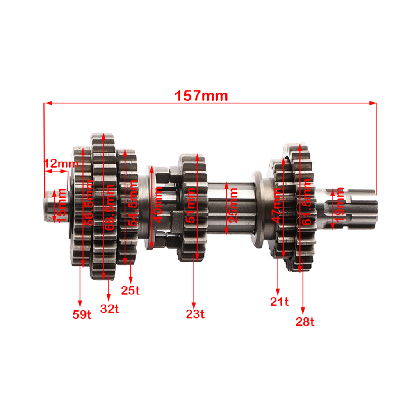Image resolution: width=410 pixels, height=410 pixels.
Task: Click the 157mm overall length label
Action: (x=201, y=96)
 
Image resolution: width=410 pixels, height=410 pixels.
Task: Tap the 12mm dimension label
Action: (x=61, y=164)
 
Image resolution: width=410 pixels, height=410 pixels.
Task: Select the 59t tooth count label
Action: (x=82, y=314)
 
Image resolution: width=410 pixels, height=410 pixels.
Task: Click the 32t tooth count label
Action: (x=109, y=309)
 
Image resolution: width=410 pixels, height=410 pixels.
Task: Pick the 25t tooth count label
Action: (x=130, y=290)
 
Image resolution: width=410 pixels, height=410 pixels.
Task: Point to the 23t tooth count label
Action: (x=195, y=314)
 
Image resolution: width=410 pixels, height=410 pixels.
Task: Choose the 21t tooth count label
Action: (x=280, y=301)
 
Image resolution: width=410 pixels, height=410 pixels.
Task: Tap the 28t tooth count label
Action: (x=305, y=321)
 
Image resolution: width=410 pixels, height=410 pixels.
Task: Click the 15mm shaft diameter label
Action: (x=62, y=205)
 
